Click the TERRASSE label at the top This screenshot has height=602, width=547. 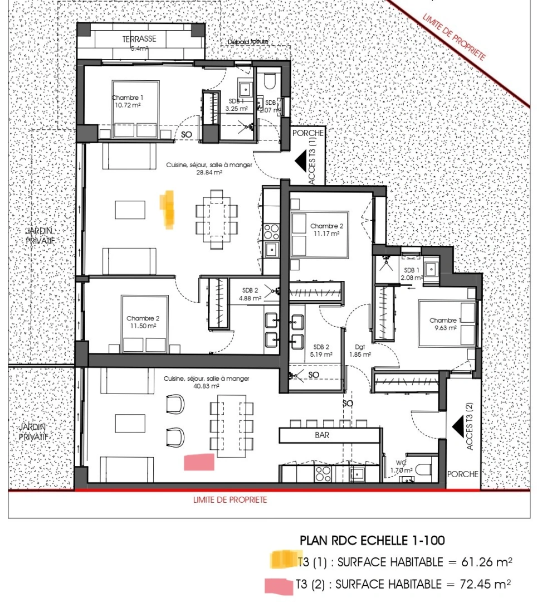pos(139,39)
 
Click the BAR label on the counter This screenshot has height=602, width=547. pos(322,435)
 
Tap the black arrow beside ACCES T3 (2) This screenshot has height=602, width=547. pos(459,427)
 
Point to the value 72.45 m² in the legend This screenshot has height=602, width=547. pos(479,585)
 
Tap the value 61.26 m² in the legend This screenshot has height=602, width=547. pos(479,562)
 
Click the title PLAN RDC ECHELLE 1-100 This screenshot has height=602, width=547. pos(372,540)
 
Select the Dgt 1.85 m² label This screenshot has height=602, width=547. pos(360,350)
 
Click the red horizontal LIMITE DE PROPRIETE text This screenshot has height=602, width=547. pos(229,499)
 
